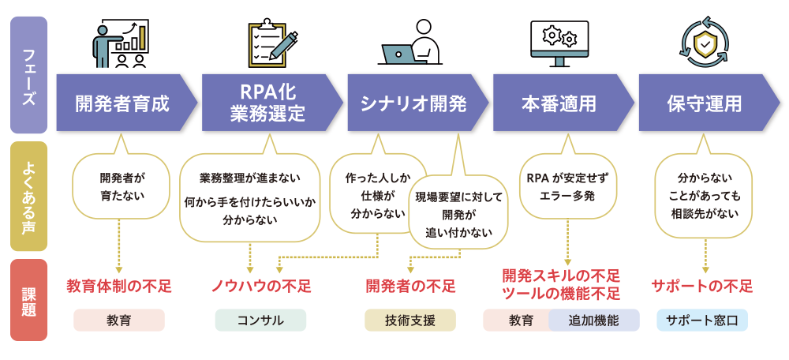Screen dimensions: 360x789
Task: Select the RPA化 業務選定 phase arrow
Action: pos(268,103)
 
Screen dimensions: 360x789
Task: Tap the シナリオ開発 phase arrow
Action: pos(414,103)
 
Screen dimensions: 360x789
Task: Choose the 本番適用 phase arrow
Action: pos(559,103)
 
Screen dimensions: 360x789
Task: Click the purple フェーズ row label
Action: pos(28,75)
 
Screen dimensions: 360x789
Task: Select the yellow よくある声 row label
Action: pos(28,197)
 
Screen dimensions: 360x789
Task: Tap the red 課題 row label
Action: pos(28,300)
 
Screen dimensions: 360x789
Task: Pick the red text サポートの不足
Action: pos(702,285)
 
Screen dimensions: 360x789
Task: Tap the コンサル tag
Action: pos(260,320)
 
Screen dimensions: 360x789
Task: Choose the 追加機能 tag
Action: pos(594,320)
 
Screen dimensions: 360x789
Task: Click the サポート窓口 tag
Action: pos(702,320)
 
